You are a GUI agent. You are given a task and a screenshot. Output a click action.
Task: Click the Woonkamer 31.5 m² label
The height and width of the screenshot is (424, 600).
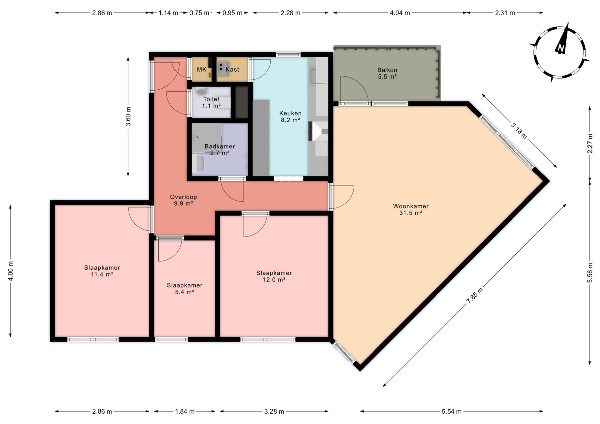coord(411,210)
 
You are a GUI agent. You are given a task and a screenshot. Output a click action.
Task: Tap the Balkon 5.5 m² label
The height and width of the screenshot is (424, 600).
coord(387,73)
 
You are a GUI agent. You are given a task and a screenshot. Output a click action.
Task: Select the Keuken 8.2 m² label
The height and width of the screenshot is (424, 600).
coord(290,117)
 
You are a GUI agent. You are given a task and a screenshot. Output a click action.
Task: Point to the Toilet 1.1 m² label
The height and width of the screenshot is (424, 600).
coord(211,103)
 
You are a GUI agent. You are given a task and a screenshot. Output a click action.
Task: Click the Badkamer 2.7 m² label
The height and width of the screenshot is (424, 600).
coord(220,150)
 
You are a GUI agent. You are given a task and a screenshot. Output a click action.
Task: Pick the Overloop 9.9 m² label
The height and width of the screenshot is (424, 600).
coord(183,200)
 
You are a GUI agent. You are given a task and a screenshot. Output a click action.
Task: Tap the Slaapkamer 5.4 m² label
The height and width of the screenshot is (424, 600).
coord(185,289)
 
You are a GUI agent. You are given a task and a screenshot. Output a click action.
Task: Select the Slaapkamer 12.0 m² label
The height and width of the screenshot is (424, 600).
coord(274,276)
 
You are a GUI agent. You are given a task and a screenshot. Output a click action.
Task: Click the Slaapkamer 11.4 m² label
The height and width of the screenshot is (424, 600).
coord(102,271)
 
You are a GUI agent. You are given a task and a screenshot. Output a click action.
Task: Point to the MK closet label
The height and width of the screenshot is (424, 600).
coord(202,70)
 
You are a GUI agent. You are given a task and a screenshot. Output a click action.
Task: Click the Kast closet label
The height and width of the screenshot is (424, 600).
coord(232,70)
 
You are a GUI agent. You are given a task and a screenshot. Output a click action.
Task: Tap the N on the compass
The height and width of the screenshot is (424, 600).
coord(561,48)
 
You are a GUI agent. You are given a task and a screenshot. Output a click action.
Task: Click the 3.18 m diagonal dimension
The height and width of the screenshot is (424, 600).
coord(519,131)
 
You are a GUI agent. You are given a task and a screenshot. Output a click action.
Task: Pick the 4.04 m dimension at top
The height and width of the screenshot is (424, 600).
coord(400,13)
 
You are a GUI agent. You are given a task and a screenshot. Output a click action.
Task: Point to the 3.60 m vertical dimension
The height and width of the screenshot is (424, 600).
coord(128,116)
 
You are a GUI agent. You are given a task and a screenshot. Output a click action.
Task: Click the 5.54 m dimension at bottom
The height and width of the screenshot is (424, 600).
coord(452,411)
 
